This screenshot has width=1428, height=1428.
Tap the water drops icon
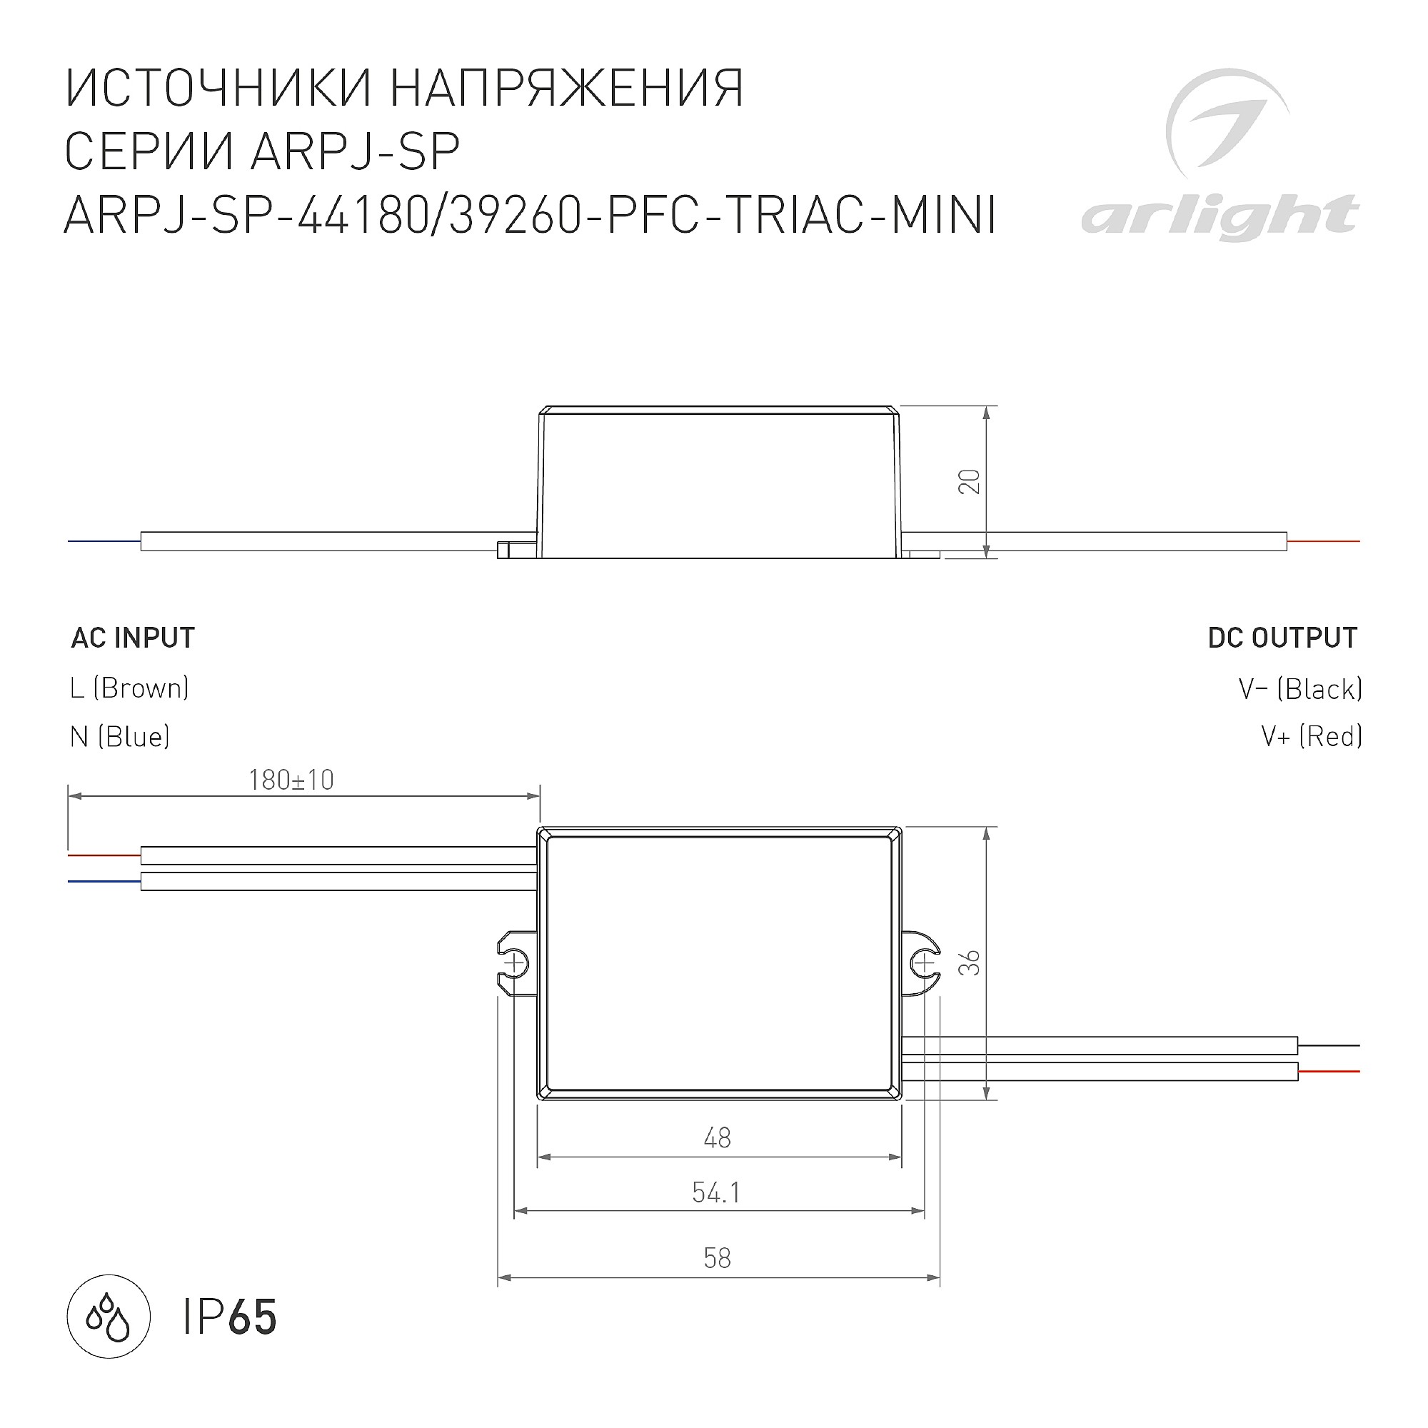pyautogui.click(x=109, y=1318)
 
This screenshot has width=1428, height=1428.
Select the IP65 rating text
pyautogui.click(x=230, y=1318)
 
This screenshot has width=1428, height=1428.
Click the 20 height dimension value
pyautogui.click(x=969, y=482)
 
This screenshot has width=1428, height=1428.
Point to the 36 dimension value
pyautogui.click(x=969, y=962)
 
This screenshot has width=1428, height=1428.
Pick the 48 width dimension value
pyautogui.click(x=718, y=1137)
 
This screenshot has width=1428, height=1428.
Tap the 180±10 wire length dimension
pyautogui.click(x=291, y=780)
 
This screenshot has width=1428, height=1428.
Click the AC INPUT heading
pyautogui.click(x=133, y=638)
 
